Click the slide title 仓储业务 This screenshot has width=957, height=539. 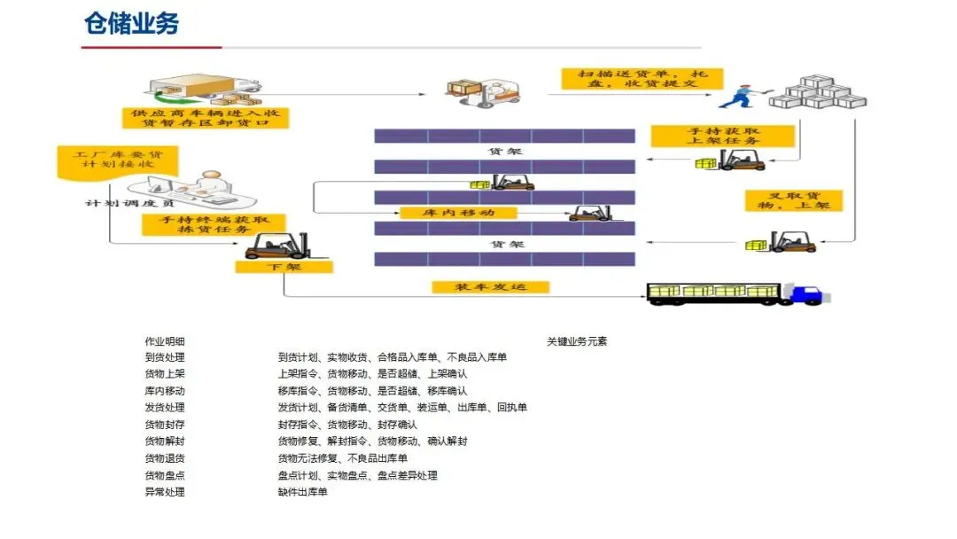(x=132, y=24)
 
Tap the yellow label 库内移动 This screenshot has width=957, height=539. (x=458, y=213)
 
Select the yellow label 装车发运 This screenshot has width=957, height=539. (x=490, y=287)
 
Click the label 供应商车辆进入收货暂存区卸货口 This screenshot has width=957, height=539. (x=205, y=118)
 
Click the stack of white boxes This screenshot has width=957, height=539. (x=815, y=92)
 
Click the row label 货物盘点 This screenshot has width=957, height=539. (x=165, y=475)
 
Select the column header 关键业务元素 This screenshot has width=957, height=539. (x=576, y=340)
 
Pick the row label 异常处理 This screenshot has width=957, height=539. (x=165, y=492)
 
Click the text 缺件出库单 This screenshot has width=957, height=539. (x=303, y=492)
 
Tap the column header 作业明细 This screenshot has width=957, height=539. (x=165, y=340)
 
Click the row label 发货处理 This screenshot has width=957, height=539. (x=165, y=408)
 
